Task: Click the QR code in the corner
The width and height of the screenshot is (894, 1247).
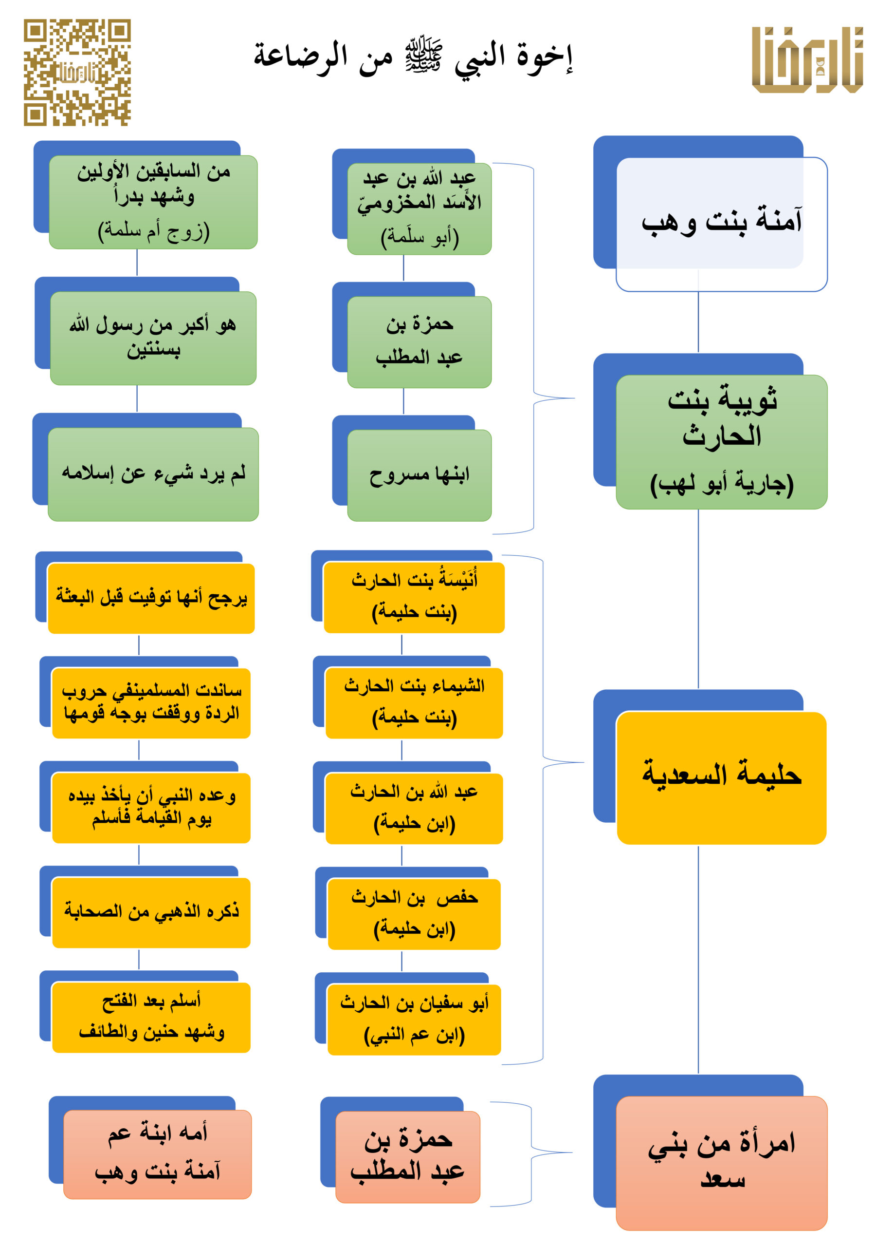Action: pos(77,73)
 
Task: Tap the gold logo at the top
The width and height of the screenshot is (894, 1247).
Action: pos(808,59)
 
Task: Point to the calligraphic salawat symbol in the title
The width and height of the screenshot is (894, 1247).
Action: pos(423,55)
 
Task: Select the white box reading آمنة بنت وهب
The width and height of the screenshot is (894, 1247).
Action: pos(721,225)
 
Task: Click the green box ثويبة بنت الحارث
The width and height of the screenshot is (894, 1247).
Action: pos(721,442)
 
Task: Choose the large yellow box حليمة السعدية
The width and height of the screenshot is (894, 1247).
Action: pos(721,778)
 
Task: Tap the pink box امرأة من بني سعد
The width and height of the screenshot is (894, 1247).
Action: pos(721,1163)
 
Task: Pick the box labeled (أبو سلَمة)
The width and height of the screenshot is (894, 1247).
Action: pos(419,209)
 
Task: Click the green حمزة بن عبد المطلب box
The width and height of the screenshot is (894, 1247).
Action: pos(419,342)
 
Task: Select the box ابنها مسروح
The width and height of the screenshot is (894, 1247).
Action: pos(419,475)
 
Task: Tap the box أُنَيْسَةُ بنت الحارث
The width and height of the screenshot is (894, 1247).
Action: pos(414,598)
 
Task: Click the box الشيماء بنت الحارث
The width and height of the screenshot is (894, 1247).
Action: pos(414,703)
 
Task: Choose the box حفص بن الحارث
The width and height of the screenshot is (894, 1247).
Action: pos(414,914)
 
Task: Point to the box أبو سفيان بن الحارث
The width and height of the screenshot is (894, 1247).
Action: pos(414,1020)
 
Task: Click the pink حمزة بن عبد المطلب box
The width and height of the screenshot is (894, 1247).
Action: pos(408,1157)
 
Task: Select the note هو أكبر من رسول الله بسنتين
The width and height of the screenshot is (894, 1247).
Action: pos(153,338)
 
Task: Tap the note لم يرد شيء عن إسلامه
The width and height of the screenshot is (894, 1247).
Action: pos(153,474)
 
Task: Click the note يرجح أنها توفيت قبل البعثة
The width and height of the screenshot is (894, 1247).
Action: pos(151,598)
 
